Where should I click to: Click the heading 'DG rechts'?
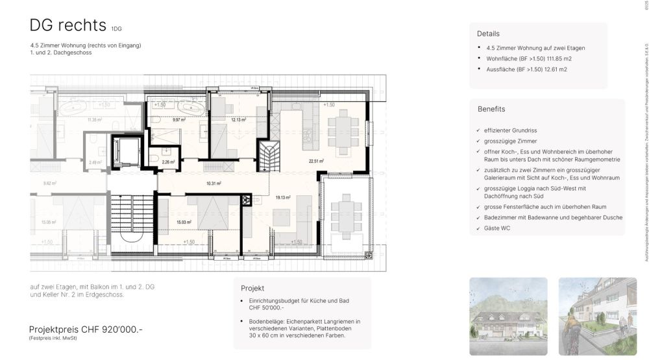click(67, 25)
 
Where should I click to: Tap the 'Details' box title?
click(488, 34)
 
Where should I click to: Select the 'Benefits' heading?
click(491, 109)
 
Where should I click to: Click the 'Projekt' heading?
click(252, 288)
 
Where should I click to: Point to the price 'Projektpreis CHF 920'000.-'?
click(86, 330)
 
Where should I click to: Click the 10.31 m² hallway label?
click(214, 184)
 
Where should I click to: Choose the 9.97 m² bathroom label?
click(178, 120)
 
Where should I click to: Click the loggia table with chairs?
click(349, 218)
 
